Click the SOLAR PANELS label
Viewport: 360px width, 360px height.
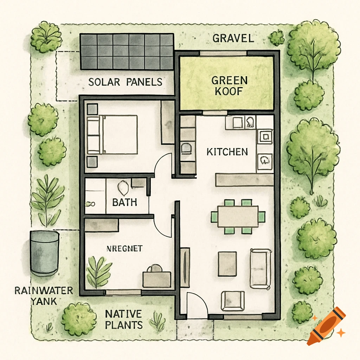coord(125,82)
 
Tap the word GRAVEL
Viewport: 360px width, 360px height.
coord(233,38)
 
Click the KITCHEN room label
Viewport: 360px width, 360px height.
coord(227,152)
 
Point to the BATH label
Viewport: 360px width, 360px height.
coord(124,202)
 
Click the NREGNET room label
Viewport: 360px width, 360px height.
coord(124,249)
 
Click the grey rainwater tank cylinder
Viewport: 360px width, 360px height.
coord(44,253)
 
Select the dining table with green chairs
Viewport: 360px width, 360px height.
coord(238,216)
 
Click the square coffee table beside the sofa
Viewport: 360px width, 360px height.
coord(227,264)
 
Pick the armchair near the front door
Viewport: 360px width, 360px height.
coord(233,301)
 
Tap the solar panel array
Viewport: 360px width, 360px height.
coord(127,51)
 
